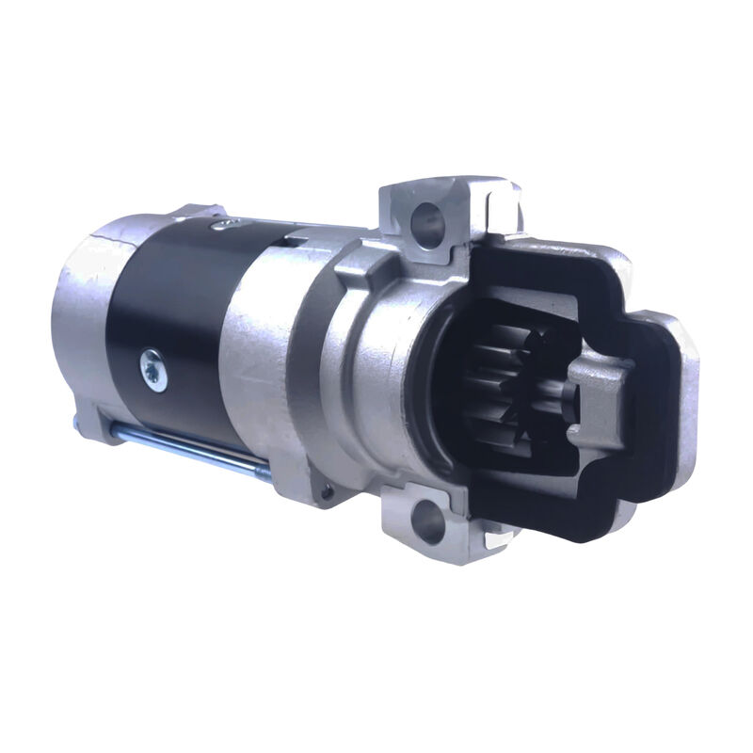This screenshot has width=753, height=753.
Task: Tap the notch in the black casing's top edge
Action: [297, 243]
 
